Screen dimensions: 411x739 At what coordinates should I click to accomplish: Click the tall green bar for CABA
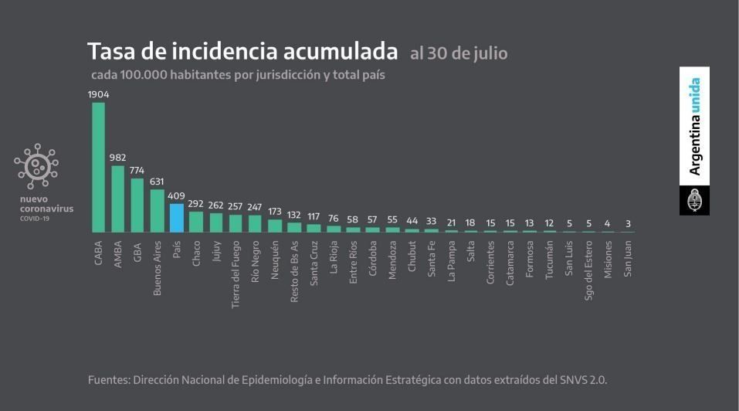(x=98, y=167)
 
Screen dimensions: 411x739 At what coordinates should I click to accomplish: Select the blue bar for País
(x=176, y=218)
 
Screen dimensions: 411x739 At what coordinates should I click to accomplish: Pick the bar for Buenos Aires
(x=157, y=210)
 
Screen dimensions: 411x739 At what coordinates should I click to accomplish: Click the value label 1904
(x=98, y=94)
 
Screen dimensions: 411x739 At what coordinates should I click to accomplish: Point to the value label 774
(x=137, y=170)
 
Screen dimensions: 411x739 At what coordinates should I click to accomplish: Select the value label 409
(x=176, y=195)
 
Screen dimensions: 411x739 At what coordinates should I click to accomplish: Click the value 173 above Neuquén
(x=274, y=211)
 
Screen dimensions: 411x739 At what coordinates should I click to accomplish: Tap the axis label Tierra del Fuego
(x=236, y=274)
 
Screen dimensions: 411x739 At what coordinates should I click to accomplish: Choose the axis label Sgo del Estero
(x=588, y=271)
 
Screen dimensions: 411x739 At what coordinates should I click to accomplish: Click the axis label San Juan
(x=628, y=260)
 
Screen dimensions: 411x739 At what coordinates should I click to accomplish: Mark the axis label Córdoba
(x=373, y=262)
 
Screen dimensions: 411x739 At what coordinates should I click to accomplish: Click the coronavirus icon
(x=36, y=166)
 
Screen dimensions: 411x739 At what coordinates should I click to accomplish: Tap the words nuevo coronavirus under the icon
(x=46, y=204)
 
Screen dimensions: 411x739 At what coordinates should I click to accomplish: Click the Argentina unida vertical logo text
(x=695, y=127)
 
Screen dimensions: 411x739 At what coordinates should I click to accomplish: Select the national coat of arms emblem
(x=694, y=201)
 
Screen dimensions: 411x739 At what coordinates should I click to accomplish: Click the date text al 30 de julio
(x=459, y=54)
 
